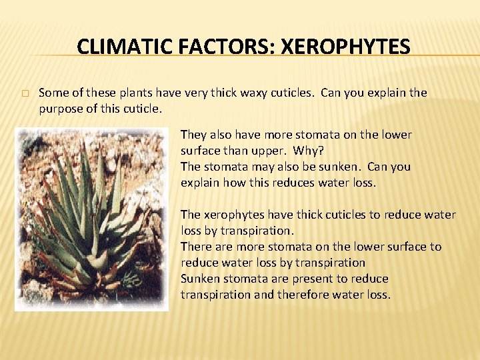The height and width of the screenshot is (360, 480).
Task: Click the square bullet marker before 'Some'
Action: [25, 93]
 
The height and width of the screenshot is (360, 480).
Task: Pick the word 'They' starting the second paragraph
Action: [193, 135]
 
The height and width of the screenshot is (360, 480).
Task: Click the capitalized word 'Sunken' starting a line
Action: [199, 279]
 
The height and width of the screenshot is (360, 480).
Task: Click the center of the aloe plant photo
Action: [91, 219]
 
